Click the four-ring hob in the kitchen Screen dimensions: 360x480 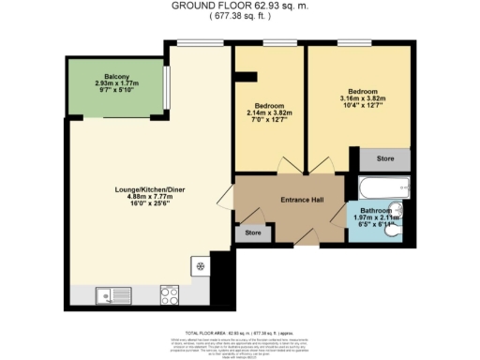(x=170, y=296)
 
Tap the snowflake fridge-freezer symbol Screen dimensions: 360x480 (x=200, y=266)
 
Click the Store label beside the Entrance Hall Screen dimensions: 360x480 (x=251, y=232)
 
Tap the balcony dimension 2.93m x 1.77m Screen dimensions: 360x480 (x=116, y=82)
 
